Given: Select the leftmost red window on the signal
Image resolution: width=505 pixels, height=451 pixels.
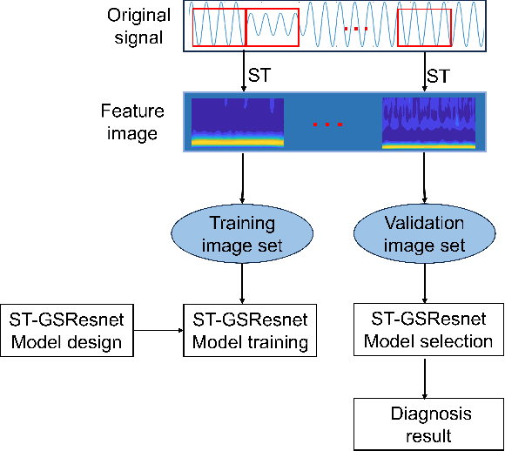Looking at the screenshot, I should pyautogui.click(x=219, y=26).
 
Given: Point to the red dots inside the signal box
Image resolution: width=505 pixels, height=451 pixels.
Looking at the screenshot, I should pyautogui.click(x=356, y=30).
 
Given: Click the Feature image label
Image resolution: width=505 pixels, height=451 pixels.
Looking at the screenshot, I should pyautogui.click(x=128, y=122).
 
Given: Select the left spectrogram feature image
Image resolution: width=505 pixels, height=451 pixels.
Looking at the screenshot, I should pyautogui.click(x=238, y=123).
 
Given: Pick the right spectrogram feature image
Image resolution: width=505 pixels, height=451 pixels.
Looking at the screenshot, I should pyautogui.click(x=421, y=123).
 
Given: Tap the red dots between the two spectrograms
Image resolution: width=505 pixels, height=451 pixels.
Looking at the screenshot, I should pyautogui.click(x=327, y=125).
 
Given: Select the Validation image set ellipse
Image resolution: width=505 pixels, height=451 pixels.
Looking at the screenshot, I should pyautogui.click(x=424, y=234).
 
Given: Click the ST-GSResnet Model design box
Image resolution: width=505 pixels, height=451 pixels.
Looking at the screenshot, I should pyautogui.click(x=66, y=330).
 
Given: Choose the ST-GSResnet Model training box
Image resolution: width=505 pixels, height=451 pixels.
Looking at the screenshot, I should pyautogui.click(x=250, y=330).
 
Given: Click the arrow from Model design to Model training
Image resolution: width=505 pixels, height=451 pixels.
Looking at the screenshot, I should pyautogui.click(x=158, y=330).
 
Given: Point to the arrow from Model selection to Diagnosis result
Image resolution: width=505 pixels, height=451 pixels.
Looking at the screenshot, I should pyautogui.click(x=424, y=376).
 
